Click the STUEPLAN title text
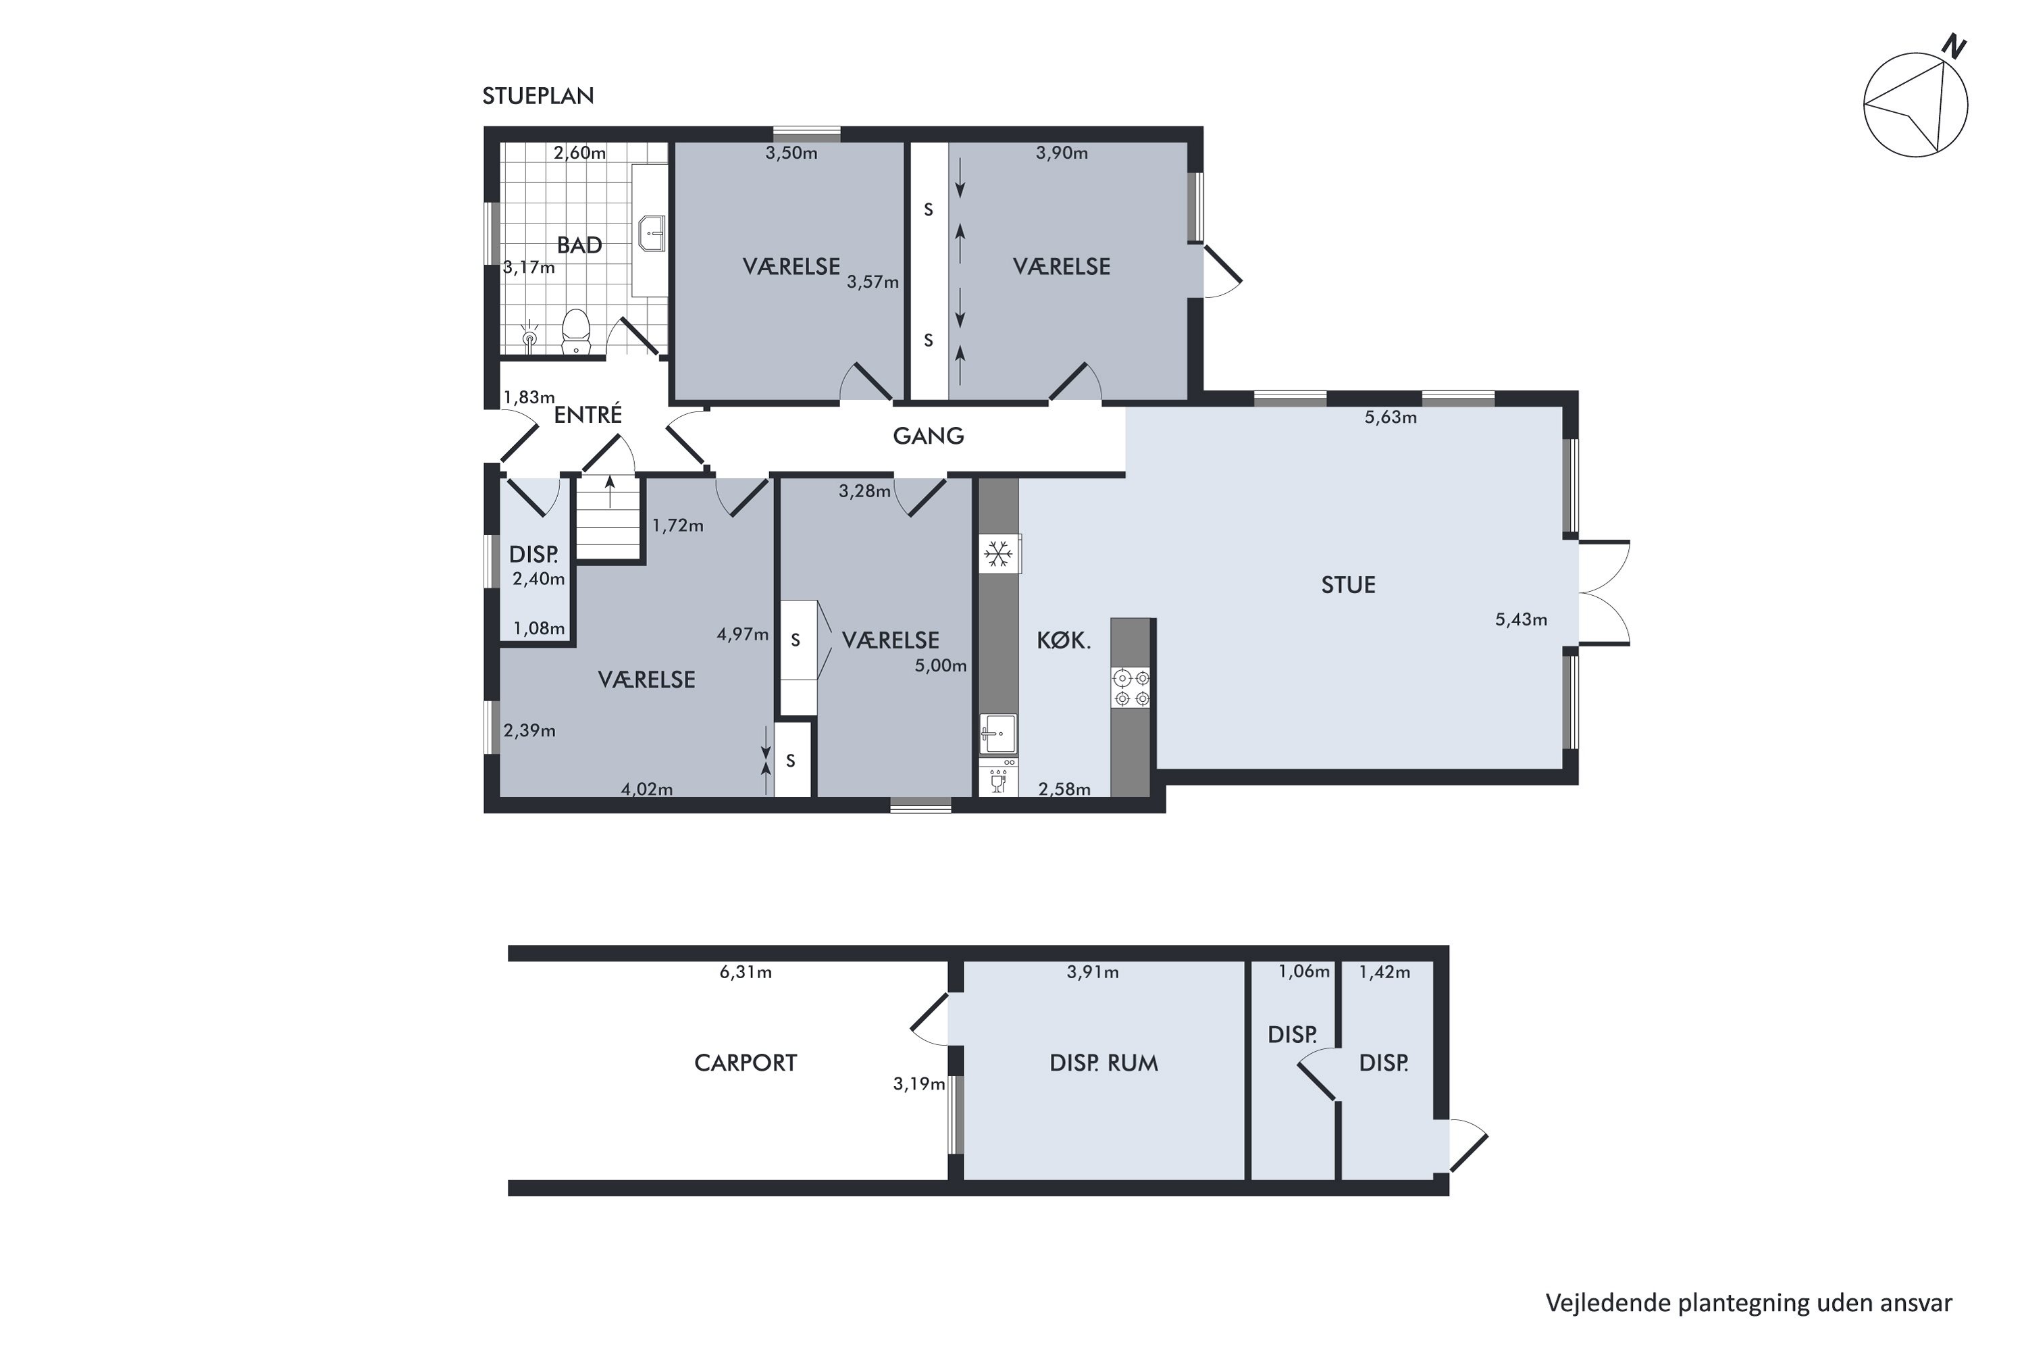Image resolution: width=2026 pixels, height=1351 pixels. (x=538, y=96)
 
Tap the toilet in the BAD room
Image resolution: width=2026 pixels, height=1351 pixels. (x=575, y=332)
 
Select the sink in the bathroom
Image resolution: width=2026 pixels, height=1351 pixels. (x=652, y=232)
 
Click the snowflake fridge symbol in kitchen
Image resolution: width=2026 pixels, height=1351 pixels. (x=998, y=554)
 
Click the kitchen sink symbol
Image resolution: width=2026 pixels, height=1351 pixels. (x=997, y=733)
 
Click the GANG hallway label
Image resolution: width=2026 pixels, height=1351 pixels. (x=928, y=436)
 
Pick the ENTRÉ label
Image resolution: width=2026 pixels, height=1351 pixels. (x=588, y=415)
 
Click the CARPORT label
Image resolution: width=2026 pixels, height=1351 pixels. (x=745, y=1063)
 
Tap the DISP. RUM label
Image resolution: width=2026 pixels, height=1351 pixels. (x=1103, y=1063)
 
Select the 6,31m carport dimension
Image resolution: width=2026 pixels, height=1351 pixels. (x=745, y=973)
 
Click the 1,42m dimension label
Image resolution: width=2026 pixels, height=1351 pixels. (x=1384, y=973)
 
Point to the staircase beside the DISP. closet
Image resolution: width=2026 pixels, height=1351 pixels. (x=609, y=521)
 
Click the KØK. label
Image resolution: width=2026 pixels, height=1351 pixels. (x=1063, y=641)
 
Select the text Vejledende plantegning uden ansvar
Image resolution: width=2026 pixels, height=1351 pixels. (x=1748, y=1303)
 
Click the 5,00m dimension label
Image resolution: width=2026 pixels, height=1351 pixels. (x=941, y=666)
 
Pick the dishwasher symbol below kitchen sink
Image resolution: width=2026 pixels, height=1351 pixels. (x=998, y=780)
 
